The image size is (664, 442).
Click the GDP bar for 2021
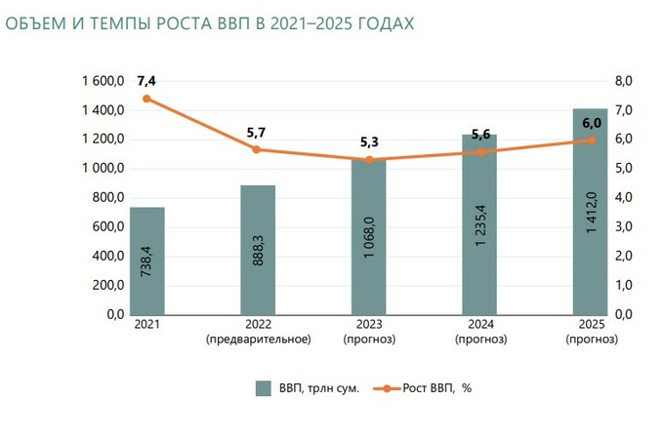147,261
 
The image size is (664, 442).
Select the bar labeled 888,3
258,250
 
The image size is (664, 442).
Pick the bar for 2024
479,224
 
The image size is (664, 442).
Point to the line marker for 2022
257,149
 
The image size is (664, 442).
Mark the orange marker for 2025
591,141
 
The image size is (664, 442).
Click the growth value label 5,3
368,141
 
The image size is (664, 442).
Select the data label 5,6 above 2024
479,135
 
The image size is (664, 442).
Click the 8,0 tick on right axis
624,82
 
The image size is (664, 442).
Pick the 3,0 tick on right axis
624,226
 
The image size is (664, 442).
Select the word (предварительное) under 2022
258,340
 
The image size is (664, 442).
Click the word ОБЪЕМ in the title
38,21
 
